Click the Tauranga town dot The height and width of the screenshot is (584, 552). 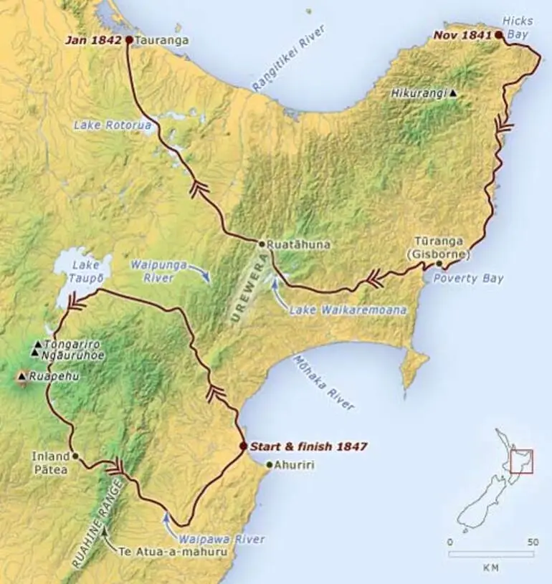pos(129,40)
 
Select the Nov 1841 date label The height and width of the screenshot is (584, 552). pos(462,34)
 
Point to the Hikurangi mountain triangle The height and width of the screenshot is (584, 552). pos(453,93)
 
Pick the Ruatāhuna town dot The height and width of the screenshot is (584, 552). pos(262,244)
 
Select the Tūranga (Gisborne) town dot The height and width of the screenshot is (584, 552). pos(439,264)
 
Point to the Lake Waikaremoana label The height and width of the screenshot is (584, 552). pos(348,310)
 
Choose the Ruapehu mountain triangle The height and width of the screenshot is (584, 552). pos(22,375)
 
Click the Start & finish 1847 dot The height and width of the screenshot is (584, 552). pos(244,446)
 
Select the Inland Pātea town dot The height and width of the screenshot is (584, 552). pos(75,456)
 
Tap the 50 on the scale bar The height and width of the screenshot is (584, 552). pos(532,542)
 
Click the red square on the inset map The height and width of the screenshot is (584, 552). pos(520,461)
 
